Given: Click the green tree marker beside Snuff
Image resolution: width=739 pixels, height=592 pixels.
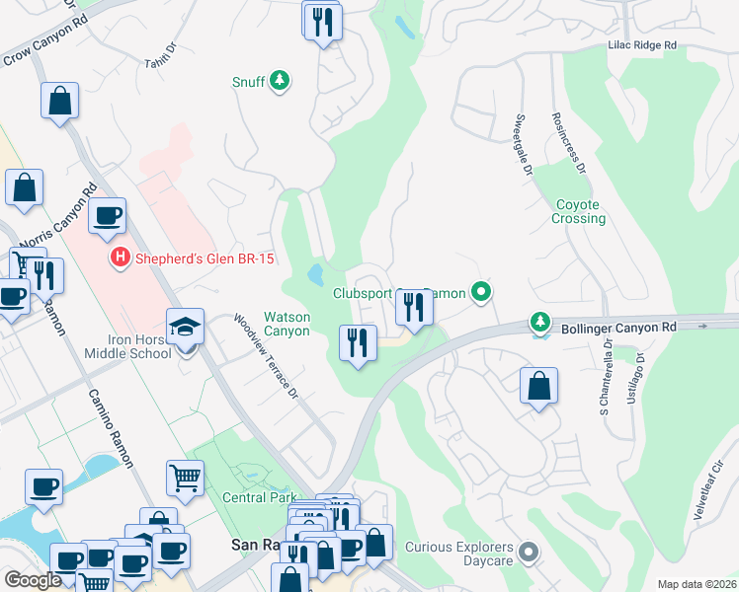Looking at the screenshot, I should (x=280, y=81).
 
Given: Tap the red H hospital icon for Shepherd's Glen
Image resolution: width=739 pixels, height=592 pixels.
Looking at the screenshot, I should (x=120, y=259).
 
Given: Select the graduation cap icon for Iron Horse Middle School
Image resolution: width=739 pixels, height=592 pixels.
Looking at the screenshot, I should (x=185, y=328).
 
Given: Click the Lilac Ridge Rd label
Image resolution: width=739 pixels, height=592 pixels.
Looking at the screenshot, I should (x=642, y=45).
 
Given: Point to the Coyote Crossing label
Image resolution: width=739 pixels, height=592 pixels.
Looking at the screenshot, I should (x=579, y=211).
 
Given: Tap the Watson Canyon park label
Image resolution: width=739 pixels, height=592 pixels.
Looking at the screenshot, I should (x=287, y=324).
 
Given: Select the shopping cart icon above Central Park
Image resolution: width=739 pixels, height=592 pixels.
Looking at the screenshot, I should (x=185, y=480).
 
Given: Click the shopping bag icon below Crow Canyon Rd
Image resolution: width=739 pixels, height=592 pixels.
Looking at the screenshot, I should (x=60, y=101).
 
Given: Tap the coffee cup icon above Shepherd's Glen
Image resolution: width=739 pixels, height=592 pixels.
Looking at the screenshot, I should (x=107, y=216).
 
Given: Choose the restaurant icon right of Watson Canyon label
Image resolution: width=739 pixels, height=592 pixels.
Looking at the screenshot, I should (x=358, y=343).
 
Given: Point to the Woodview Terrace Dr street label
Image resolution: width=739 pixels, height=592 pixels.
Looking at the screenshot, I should (x=265, y=356).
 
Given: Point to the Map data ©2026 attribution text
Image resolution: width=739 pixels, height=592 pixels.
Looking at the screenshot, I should (x=697, y=584).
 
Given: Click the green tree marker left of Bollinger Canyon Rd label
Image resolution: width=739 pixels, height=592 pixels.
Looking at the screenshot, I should (x=539, y=322).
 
